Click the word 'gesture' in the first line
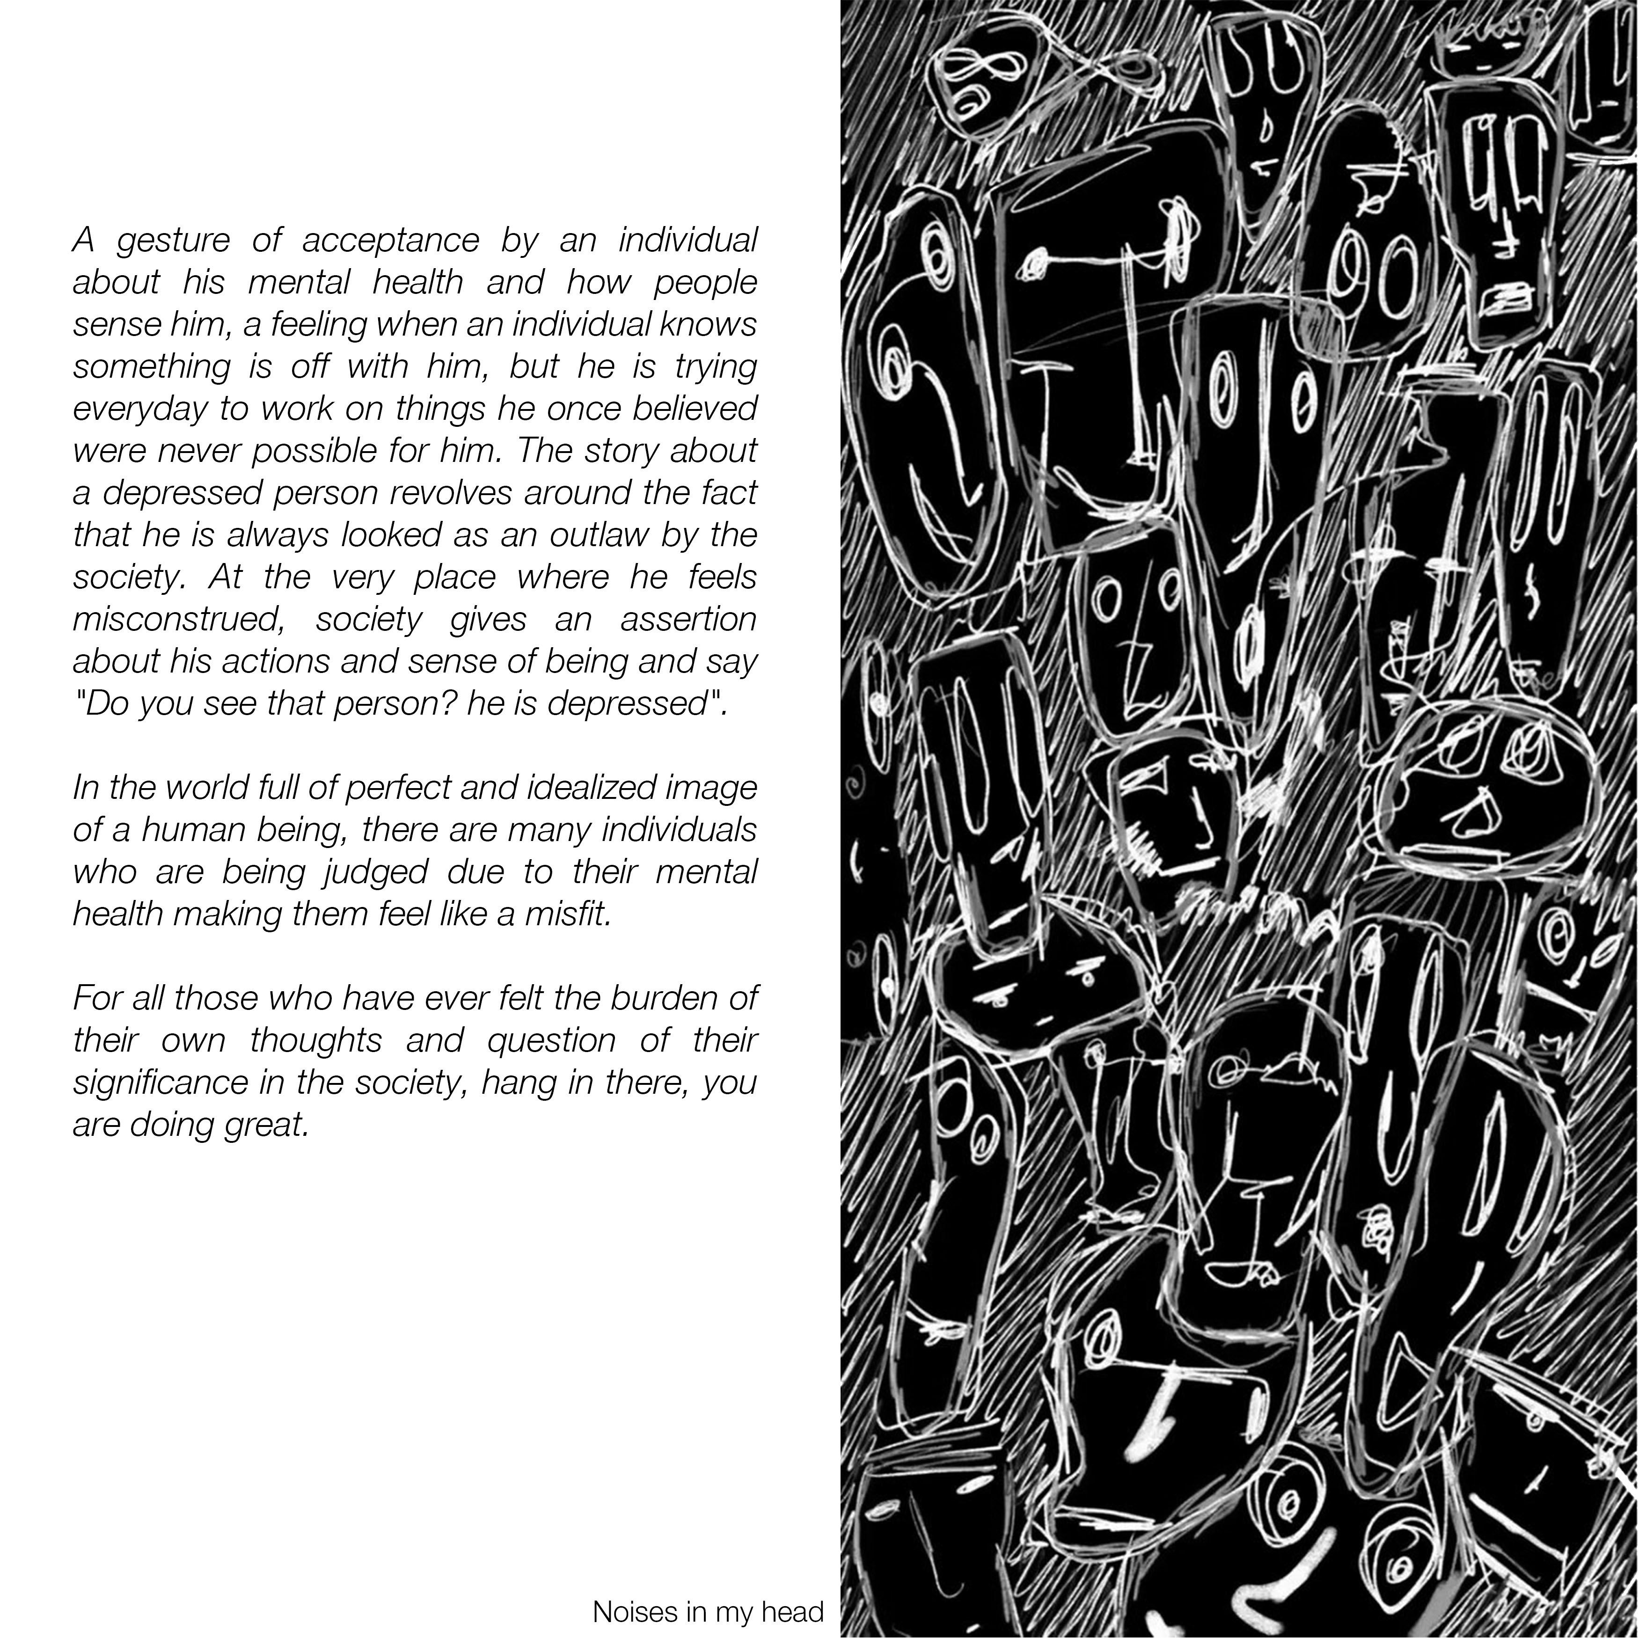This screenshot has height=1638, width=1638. (173, 241)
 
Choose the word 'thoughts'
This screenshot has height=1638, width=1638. (315, 1040)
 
